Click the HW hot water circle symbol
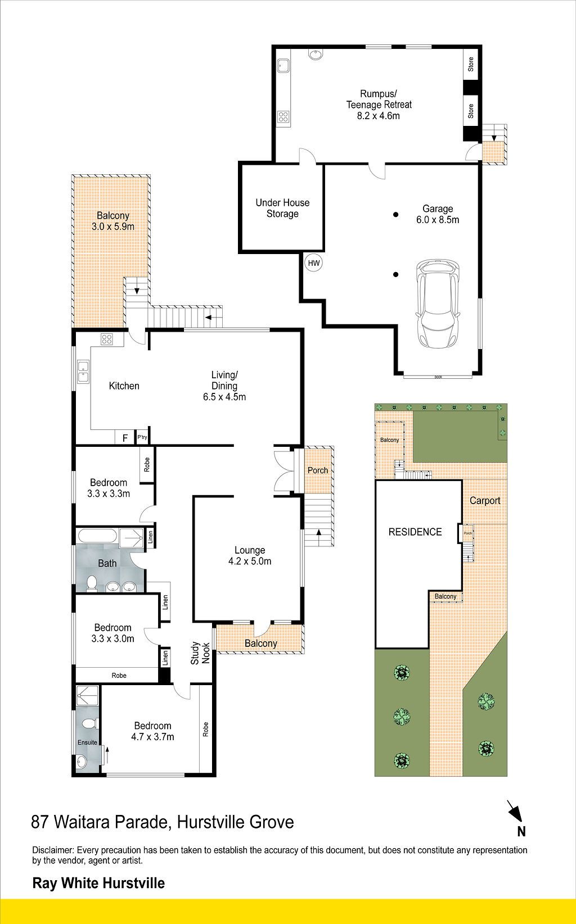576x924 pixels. (x=314, y=263)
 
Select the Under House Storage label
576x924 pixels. (x=282, y=208)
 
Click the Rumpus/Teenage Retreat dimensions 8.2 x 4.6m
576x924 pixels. (x=378, y=116)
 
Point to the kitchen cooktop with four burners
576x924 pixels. (x=106, y=339)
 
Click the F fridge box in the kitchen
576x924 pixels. (x=125, y=438)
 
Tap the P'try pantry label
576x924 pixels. (x=142, y=437)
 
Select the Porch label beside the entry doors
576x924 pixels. (x=318, y=470)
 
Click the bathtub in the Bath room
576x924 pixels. (x=97, y=537)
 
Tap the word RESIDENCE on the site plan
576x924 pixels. (x=415, y=532)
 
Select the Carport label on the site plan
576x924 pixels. (x=485, y=501)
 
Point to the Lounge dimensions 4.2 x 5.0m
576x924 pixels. (x=250, y=561)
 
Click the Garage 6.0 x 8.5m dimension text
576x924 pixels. (x=438, y=220)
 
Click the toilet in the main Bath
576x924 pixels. (x=91, y=584)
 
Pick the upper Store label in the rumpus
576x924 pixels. (x=471, y=64)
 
